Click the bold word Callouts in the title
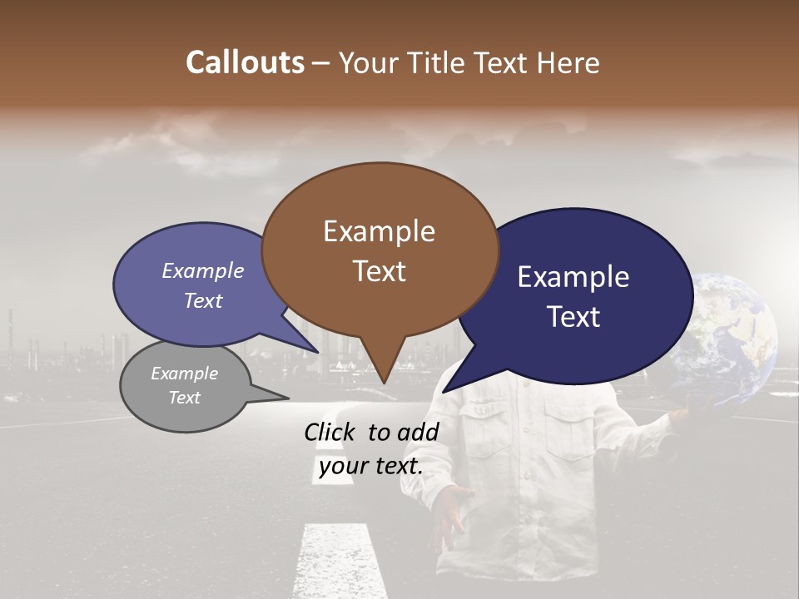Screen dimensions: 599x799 (x=245, y=62)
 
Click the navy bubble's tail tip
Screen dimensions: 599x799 (x=444, y=391)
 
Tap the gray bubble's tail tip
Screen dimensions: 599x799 (x=288, y=398)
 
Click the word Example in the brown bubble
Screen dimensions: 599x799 (x=379, y=231)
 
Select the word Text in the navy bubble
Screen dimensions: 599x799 (x=573, y=317)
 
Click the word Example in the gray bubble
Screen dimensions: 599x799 (x=184, y=374)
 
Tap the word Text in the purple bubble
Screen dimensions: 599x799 (x=203, y=300)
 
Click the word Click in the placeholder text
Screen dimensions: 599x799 (x=332, y=432)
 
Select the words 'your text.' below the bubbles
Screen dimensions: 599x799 (x=371, y=466)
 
